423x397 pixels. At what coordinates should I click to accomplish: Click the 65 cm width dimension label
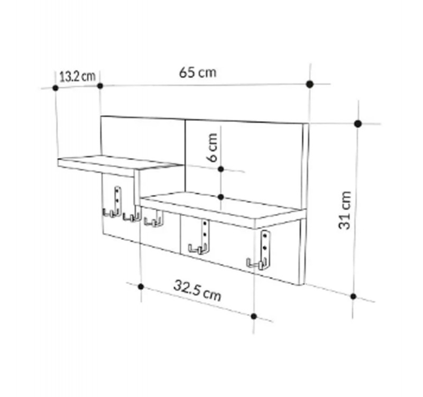(198, 73)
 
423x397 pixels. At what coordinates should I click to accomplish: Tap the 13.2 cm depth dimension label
(77, 76)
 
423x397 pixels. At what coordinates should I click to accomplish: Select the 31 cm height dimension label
(345, 210)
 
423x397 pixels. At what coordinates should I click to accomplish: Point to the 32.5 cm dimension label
(197, 291)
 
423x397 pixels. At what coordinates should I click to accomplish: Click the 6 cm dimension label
(213, 148)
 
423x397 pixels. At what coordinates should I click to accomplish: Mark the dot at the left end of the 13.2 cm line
(56, 88)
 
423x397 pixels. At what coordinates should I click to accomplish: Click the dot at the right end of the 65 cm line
(310, 84)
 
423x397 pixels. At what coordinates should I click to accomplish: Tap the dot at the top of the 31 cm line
(358, 124)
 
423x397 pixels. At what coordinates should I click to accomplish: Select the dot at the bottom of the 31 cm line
(353, 296)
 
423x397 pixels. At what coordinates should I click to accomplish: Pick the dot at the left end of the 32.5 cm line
(141, 286)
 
